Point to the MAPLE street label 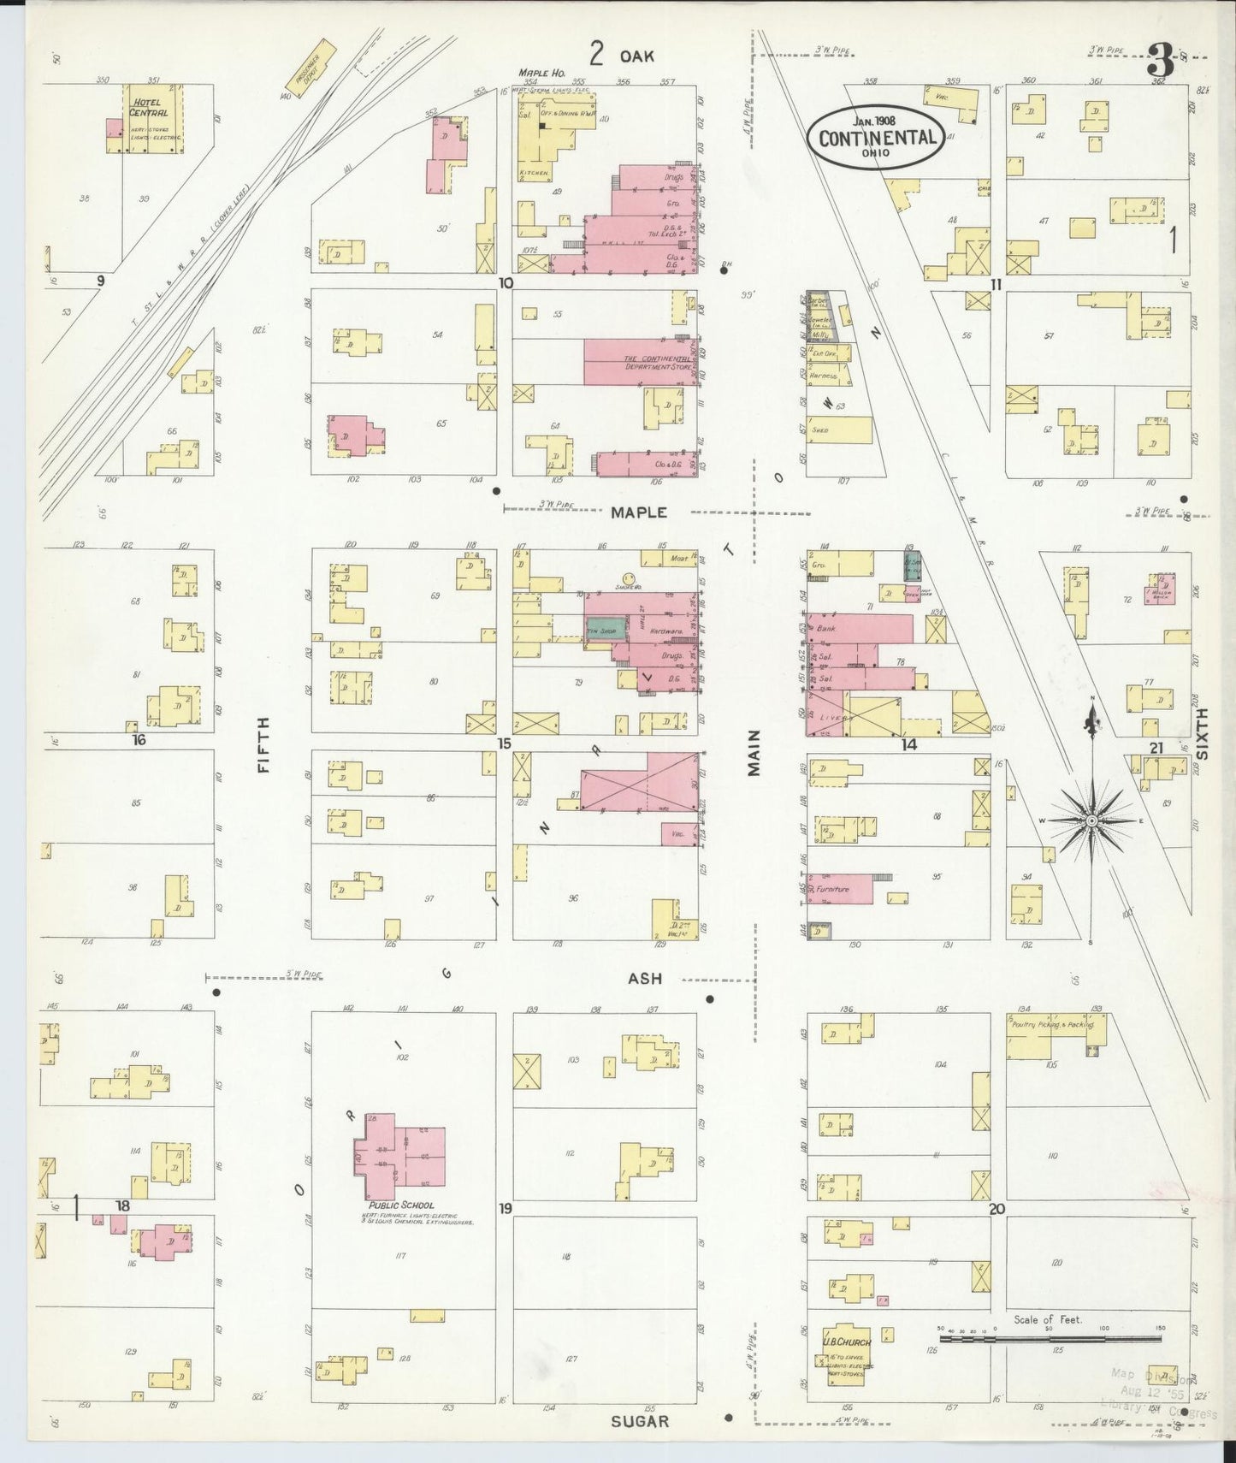point(638,512)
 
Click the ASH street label point(645,978)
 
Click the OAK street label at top point(636,56)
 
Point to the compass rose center point(1091,820)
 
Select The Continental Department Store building point(640,362)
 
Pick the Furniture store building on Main point(840,889)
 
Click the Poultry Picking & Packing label point(1051,1023)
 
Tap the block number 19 point(506,1208)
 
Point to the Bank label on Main point(825,628)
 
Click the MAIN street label point(754,753)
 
